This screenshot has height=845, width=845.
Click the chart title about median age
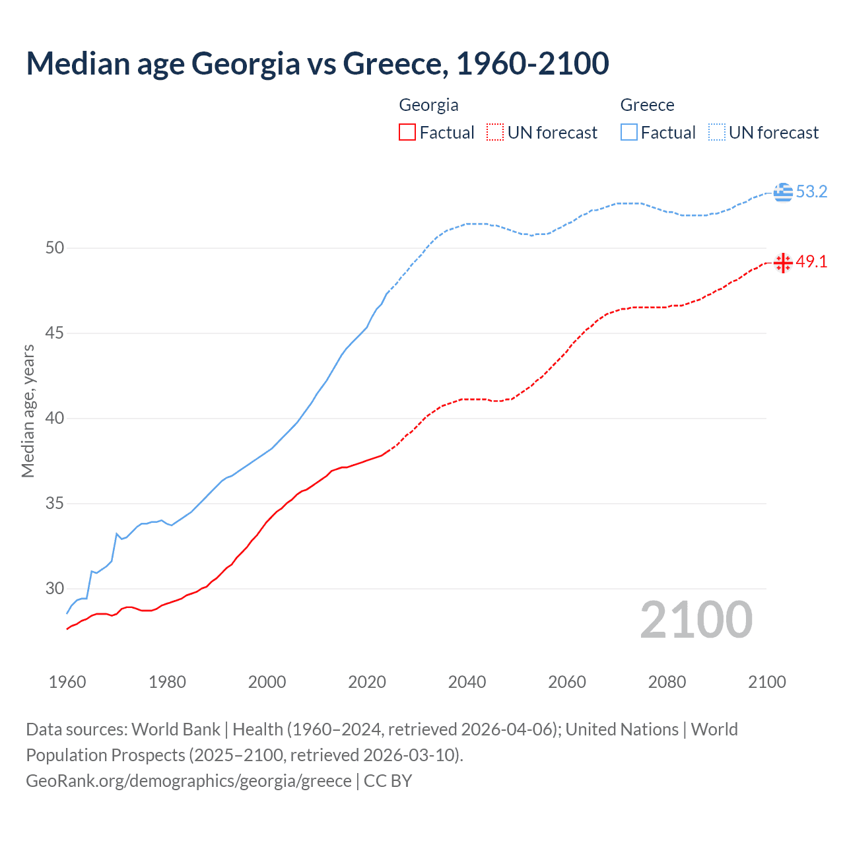coord(317,63)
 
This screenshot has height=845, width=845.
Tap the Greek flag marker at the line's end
coord(783,192)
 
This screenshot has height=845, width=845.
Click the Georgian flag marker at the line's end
coord(783,263)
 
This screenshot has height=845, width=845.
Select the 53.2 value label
coord(811,192)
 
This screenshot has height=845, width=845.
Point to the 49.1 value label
coord(811,262)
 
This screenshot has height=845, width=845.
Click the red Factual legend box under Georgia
coord(407,132)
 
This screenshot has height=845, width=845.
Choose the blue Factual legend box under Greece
coord(629,132)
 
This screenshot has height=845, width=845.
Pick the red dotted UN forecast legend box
coord(495,132)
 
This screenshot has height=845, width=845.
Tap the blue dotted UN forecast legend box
coord(717,132)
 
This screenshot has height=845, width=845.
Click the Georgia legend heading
coord(428,105)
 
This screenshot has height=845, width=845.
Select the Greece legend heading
coord(647,105)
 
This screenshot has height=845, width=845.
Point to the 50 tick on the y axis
coord(55,248)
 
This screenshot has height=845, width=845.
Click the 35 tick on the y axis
coord(55,504)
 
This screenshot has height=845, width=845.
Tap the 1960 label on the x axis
coord(67,682)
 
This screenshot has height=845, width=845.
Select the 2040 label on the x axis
coord(467,682)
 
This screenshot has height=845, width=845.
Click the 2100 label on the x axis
coord(766,682)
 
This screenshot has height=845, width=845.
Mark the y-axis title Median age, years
coord(28,411)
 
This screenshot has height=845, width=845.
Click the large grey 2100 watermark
coord(696,620)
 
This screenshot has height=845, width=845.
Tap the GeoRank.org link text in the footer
coord(188,781)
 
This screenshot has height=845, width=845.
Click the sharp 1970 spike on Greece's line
coord(117,534)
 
